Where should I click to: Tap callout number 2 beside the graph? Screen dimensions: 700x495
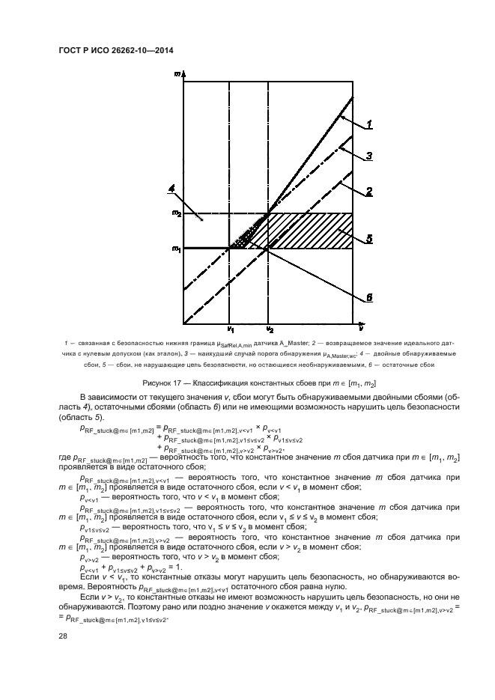click(370, 192)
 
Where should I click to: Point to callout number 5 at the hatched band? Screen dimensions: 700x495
click(369, 240)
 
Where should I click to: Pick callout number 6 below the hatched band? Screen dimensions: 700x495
click(369, 297)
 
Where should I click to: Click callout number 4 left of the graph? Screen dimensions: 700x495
click(172, 188)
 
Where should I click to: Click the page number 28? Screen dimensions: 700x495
click(62, 636)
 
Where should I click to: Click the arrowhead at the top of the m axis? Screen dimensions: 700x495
click(183, 73)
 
